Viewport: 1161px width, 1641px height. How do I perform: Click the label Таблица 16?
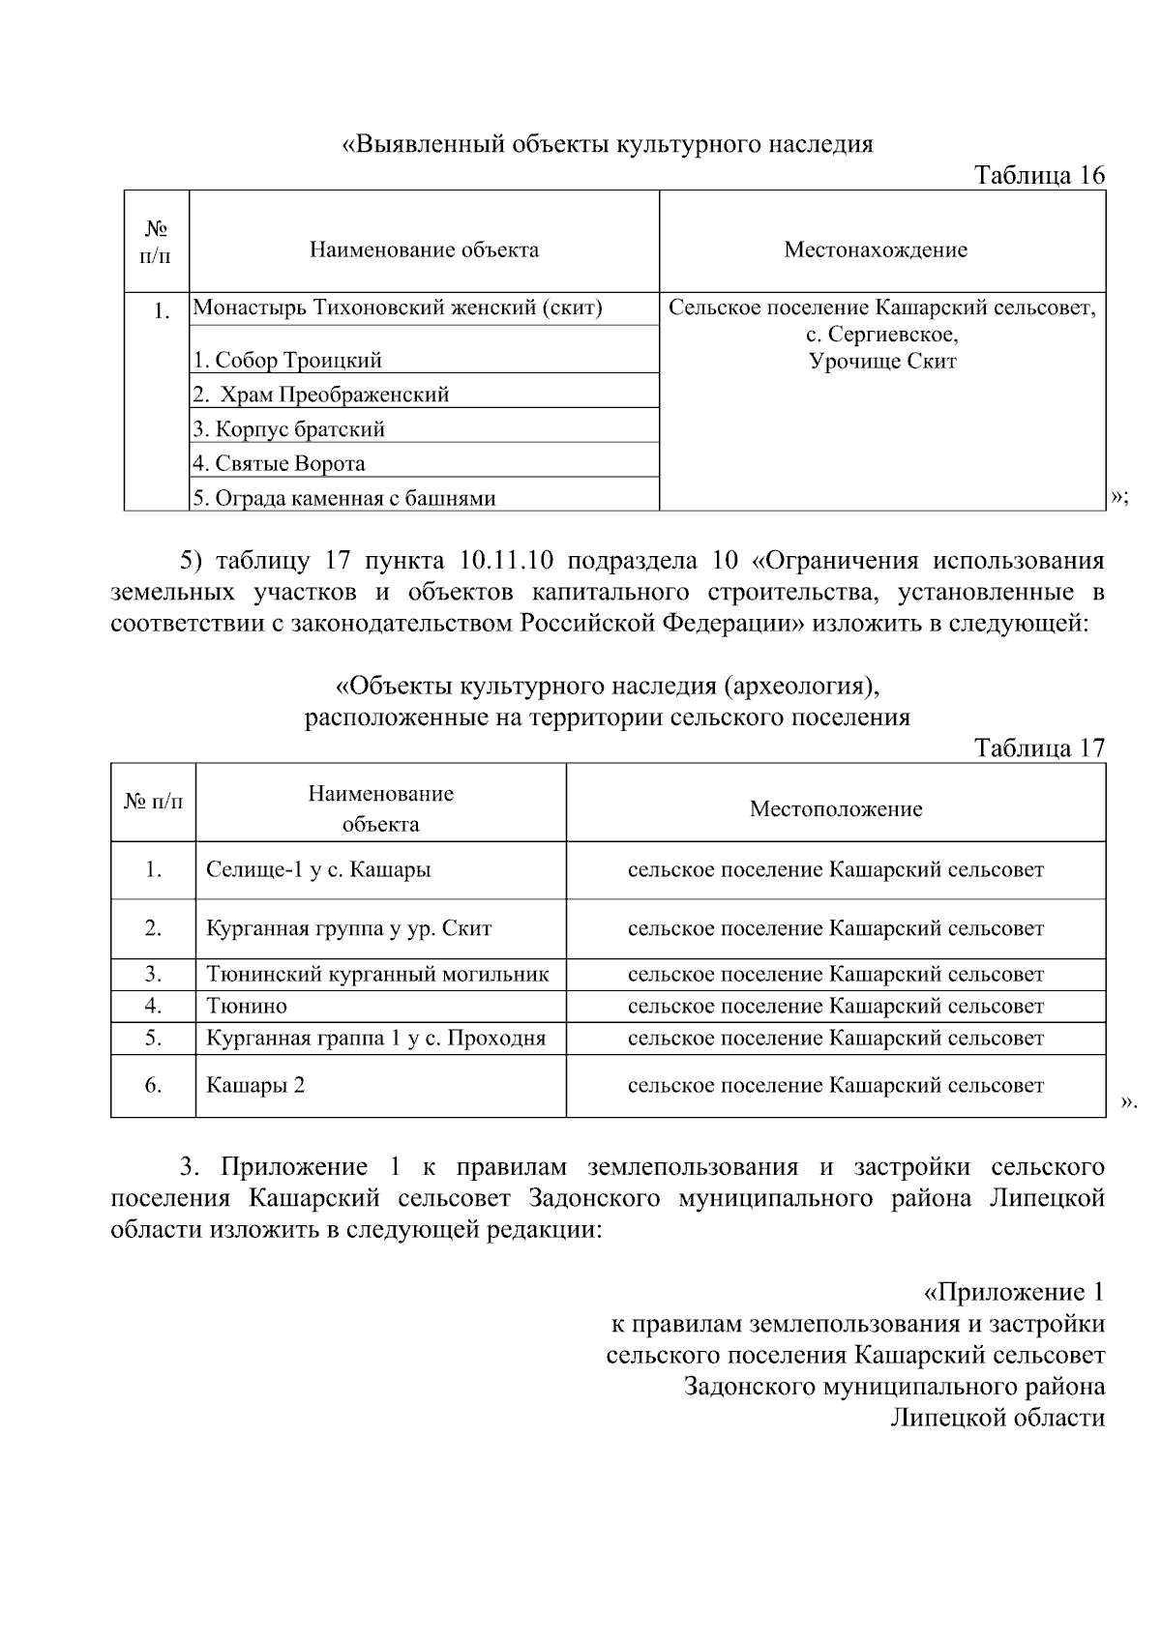tap(1039, 175)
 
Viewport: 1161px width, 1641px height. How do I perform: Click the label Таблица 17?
tap(1039, 747)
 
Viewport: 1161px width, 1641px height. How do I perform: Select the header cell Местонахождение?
tap(875, 249)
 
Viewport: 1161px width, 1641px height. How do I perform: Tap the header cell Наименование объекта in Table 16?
tap(424, 249)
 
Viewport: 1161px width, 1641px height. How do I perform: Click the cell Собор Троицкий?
tap(287, 360)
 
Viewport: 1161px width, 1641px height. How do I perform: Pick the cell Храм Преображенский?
tap(321, 395)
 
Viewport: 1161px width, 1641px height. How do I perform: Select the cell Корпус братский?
tap(288, 428)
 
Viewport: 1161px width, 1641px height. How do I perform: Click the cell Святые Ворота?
tap(279, 463)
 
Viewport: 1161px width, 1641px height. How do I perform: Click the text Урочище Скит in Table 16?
tap(881, 361)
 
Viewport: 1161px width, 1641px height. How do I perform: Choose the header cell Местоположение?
tap(835, 808)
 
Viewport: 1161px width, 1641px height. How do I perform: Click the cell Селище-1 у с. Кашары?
tap(318, 869)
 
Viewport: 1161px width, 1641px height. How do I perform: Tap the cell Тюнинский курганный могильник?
tap(377, 974)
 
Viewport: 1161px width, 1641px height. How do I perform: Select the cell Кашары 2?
tap(255, 1085)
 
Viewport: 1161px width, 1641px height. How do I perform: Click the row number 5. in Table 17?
tap(153, 1038)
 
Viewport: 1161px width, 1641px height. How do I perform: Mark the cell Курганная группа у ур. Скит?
tap(348, 928)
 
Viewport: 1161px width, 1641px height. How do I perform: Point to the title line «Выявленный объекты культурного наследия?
tap(608, 144)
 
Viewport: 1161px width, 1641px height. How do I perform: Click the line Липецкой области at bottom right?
tap(997, 1418)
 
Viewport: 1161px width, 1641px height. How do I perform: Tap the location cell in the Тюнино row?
tap(835, 1006)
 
